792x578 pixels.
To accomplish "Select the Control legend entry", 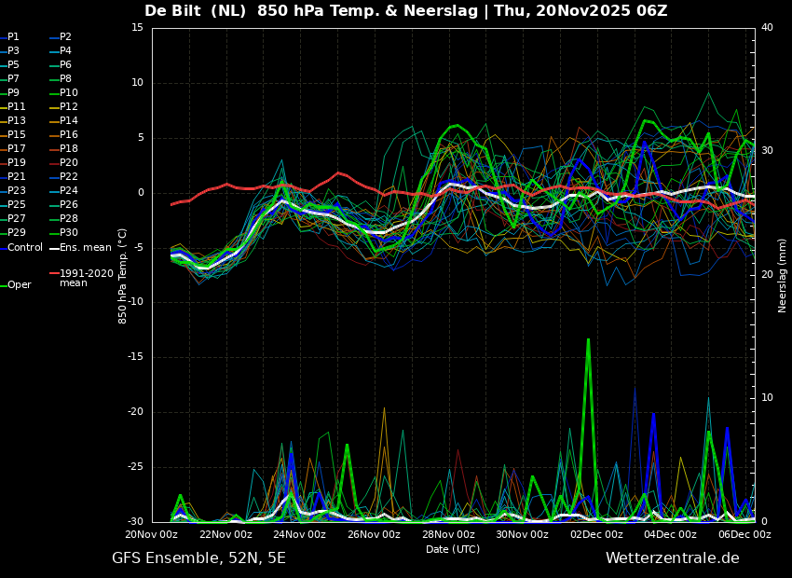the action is [x=21, y=248].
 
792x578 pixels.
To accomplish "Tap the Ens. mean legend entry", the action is [x=80, y=248].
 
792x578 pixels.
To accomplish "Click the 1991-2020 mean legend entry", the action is [x=82, y=278].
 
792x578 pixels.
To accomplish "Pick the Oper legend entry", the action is [x=16, y=285].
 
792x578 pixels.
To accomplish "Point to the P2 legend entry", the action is [x=61, y=37].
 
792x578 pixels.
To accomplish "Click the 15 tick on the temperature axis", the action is [x=137, y=27].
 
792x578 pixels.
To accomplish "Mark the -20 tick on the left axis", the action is [x=134, y=412].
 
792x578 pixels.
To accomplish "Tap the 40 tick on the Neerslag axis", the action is [x=767, y=27].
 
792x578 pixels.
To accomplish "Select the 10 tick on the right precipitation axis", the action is [x=767, y=398].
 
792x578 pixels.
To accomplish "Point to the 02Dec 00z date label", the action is [x=597, y=534].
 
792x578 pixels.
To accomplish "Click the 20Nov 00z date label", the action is [x=152, y=534].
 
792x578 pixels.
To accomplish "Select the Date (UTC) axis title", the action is [x=453, y=549].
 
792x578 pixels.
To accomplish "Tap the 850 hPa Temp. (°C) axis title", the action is [x=123, y=276].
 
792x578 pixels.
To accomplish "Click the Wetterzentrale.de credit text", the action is [x=673, y=558].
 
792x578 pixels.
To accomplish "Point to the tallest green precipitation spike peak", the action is [x=588, y=339].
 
